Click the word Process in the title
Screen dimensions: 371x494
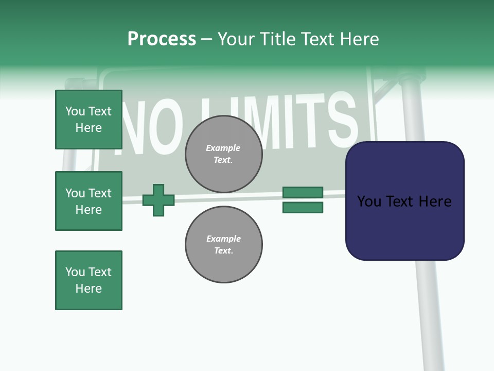click(x=162, y=39)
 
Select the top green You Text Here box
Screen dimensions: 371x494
click(x=89, y=120)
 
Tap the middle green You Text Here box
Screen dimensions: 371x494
click(x=89, y=201)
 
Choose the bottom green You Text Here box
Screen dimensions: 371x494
click(x=89, y=280)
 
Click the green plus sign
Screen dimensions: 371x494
click(x=158, y=200)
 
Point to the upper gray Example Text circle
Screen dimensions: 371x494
click(x=223, y=154)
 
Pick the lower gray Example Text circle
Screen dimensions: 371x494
click(x=223, y=245)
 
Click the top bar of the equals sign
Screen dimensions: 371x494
click(x=303, y=192)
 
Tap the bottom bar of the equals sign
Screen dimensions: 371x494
click(x=303, y=207)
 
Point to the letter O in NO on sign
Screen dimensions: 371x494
click(x=165, y=129)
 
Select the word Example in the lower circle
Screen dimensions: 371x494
click(x=223, y=239)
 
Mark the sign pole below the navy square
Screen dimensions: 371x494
click(x=430, y=314)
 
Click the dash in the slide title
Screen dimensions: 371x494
click(x=206, y=40)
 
